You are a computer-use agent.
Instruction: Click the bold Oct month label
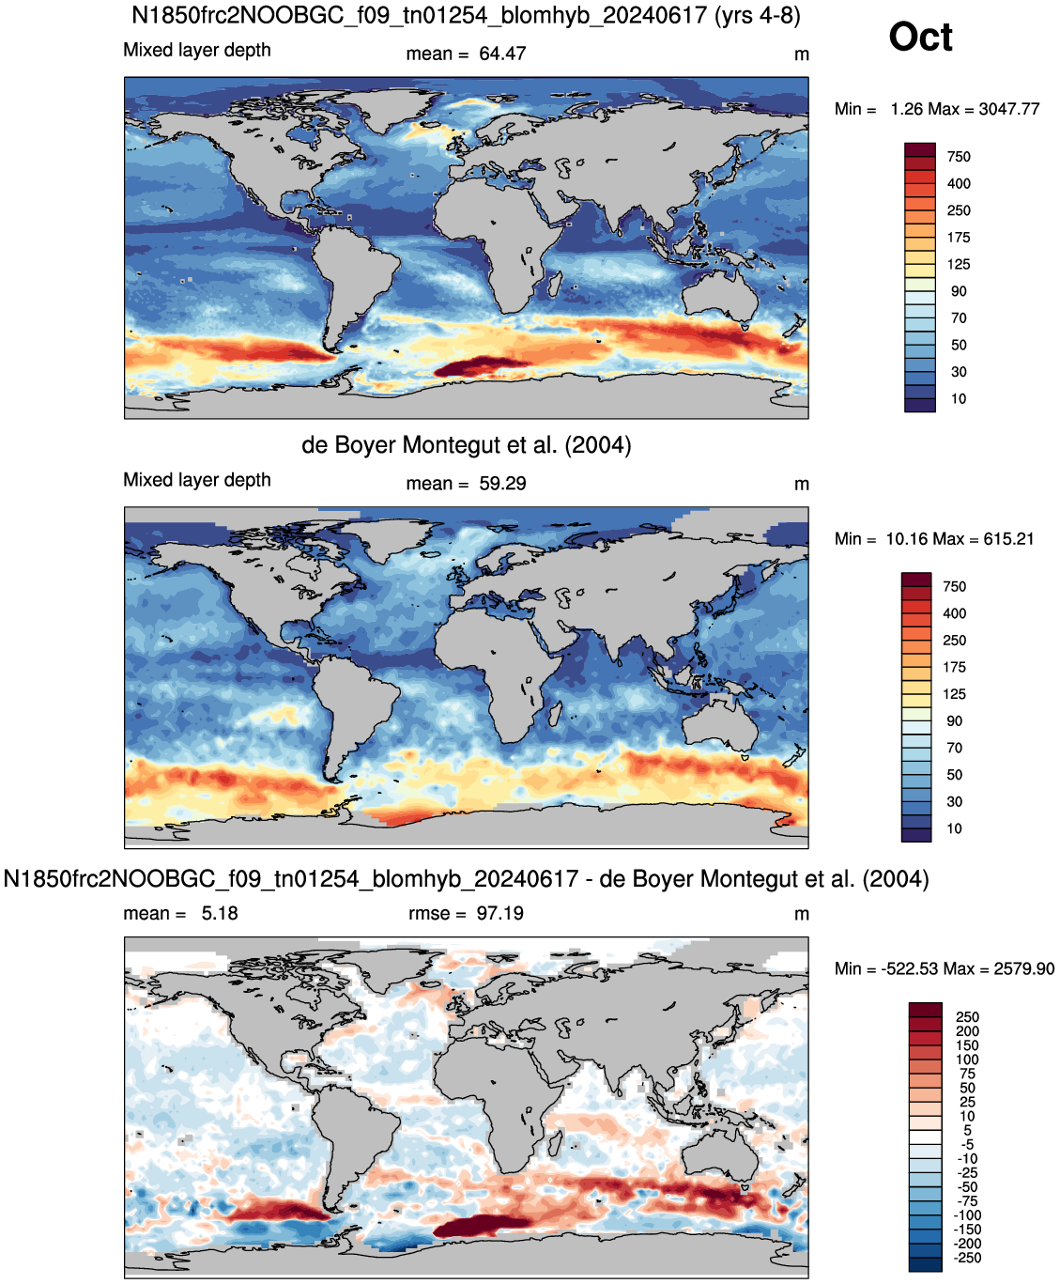click(x=920, y=37)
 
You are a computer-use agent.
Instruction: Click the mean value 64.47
click(x=502, y=54)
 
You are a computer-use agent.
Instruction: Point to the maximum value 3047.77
click(x=1009, y=109)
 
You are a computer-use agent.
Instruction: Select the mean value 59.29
click(x=502, y=484)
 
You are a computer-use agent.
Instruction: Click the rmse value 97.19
click(x=499, y=913)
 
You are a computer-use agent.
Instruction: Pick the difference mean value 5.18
click(x=220, y=913)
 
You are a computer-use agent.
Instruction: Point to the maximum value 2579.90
click(x=1023, y=968)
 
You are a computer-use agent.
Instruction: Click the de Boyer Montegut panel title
click(x=466, y=444)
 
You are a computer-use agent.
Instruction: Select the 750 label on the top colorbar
click(x=959, y=157)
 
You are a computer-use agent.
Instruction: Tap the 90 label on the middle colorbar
click(x=954, y=720)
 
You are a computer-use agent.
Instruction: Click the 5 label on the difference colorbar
click(x=967, y=1130)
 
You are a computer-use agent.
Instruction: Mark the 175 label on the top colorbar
click(x=959, y=238)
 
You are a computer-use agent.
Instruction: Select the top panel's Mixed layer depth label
click(x=197, y=50)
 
